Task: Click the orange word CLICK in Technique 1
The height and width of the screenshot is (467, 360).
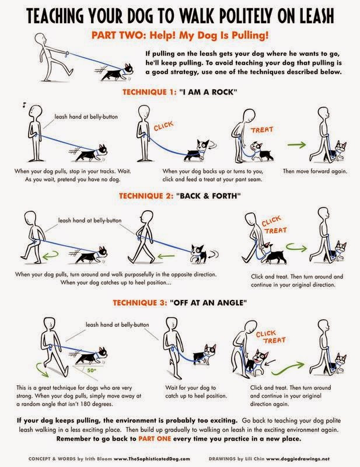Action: point(163,126)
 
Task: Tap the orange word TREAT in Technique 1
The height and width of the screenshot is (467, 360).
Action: point(262,130)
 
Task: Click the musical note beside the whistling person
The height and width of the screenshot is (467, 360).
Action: point(24,105)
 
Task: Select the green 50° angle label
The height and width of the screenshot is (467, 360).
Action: point(91,371)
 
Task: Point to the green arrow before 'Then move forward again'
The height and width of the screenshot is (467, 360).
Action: point(296,145)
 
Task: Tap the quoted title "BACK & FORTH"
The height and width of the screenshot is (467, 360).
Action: point(208,196)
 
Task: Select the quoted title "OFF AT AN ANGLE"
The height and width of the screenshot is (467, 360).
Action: point(208,303)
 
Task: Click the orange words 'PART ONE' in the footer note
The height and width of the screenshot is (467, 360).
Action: point(155,439)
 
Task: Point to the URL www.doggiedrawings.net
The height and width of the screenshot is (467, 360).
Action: point(298,459)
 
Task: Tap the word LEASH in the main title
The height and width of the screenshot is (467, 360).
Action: point(316,16)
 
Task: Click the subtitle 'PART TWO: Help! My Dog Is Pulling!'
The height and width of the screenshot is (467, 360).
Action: point(180,36)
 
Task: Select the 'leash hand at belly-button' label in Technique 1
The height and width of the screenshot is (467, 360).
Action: point(86,117)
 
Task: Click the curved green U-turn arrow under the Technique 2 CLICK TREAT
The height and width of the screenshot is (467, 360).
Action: point(296,248)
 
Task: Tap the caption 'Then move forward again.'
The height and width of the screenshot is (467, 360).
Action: point(315,171)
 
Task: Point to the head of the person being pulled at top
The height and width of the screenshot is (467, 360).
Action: point(40,39)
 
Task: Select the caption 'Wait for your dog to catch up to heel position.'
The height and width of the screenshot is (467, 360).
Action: point(196,392)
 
